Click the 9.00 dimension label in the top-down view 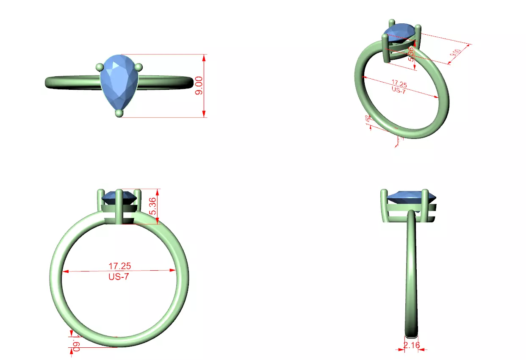[199, 86]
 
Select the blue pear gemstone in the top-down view [119, 83]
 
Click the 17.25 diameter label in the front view [120, 266]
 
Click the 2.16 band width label [412, 345]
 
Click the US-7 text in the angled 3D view [398, 90]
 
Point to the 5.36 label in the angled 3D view [410, 54]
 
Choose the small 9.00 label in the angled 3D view [455, 53]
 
